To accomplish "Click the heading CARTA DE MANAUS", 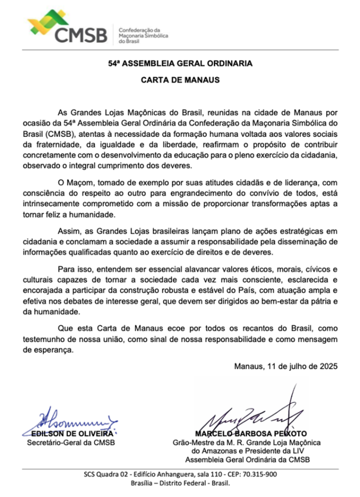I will (x=180, y=80).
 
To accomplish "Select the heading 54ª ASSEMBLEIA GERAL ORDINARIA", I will (x=180, y=64).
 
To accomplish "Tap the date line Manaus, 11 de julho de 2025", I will (x=285, y=366).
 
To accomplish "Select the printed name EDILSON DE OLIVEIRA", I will (x=71, y=433).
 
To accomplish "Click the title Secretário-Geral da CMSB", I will (x=71, y=442).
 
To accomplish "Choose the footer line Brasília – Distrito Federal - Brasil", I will (x=179, y=484).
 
